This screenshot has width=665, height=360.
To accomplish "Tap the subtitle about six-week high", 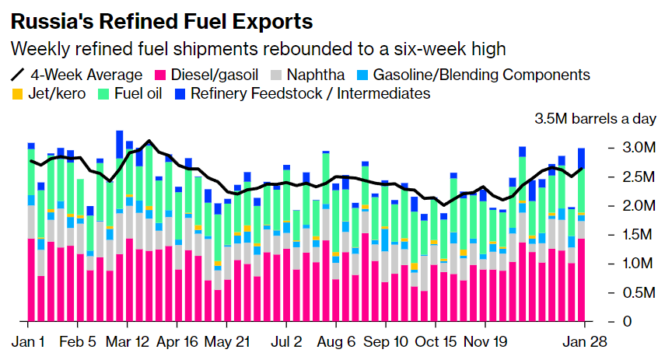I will pos(257,48).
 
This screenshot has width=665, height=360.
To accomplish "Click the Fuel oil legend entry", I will pos(136,94).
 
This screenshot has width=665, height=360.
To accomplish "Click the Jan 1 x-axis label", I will pos(29,341).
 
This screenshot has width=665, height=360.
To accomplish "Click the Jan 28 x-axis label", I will pos(579,341).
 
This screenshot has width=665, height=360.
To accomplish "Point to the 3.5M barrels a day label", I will pos(596,119).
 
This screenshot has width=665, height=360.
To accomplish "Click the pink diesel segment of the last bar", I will pos(581,280).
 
